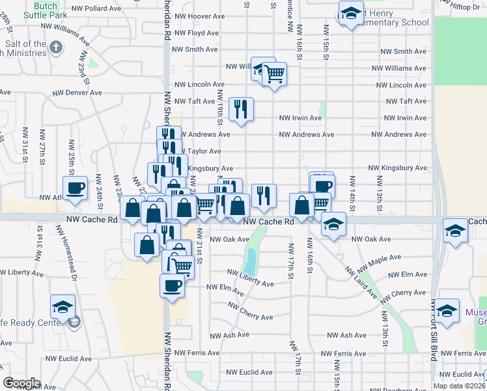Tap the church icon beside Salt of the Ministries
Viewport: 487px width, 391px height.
tap(57, 48)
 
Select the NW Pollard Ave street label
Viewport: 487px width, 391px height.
tap(96, 8)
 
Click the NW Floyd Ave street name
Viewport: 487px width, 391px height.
tap(195, 33)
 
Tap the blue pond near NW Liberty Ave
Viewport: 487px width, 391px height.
tap(249, 262)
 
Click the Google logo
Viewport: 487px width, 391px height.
tap(21, 383)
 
